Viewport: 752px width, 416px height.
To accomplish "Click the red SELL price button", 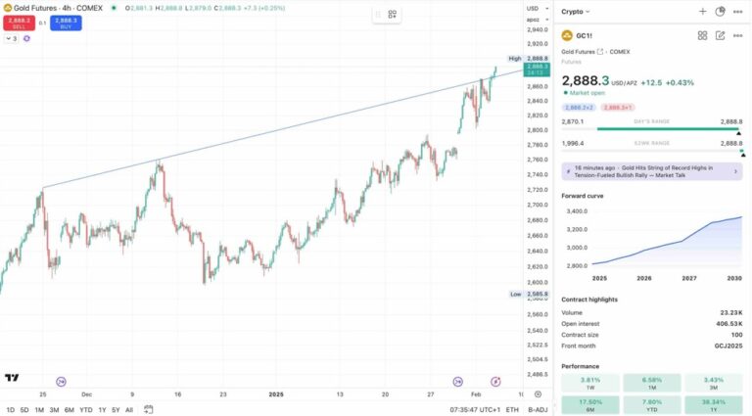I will tap(18, 23).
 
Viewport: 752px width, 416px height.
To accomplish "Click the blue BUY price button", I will tap(67, 23).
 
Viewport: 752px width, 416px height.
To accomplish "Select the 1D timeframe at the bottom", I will tap(10, 409).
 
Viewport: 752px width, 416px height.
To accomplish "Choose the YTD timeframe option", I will tap(85, 409).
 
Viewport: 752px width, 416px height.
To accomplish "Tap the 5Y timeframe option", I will tap(116, 409).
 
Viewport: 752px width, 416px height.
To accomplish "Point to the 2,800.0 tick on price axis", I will tap(537, 130).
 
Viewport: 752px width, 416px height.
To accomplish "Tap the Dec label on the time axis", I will tap(86, 394).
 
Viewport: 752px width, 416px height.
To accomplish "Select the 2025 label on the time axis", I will tap(276, 394).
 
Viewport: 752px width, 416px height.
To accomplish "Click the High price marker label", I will tap(515, 59).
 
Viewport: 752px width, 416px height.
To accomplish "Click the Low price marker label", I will tap(515, 294).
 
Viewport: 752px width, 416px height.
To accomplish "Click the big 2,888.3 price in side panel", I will tap(586, 81).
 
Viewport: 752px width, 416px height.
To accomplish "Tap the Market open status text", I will tap(589, 93).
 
